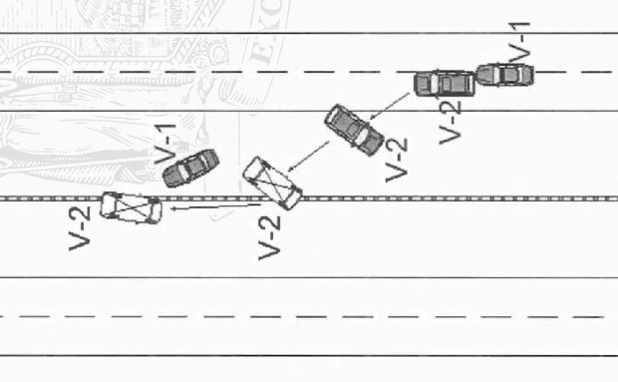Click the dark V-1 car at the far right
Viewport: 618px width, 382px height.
click(x=505, y=75)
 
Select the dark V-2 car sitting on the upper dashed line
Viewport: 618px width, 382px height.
click(x=444, y=82)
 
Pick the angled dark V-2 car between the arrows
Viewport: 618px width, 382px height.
click(x=354, y=130)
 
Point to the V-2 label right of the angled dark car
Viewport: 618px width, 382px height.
click(x=397, y=158)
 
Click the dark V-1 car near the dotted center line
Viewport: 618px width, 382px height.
click(x=190, y=168)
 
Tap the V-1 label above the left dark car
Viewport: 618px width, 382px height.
click(x=166, y=144)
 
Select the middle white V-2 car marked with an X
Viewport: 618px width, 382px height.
click(x=272, y=183)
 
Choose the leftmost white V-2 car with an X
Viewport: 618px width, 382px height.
click(x=131, y=206)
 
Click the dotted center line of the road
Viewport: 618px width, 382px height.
click(x=449, y=198)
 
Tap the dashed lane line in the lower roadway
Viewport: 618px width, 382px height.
click(x=299, y=317)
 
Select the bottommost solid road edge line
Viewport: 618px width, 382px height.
click(x=299, y=355)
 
